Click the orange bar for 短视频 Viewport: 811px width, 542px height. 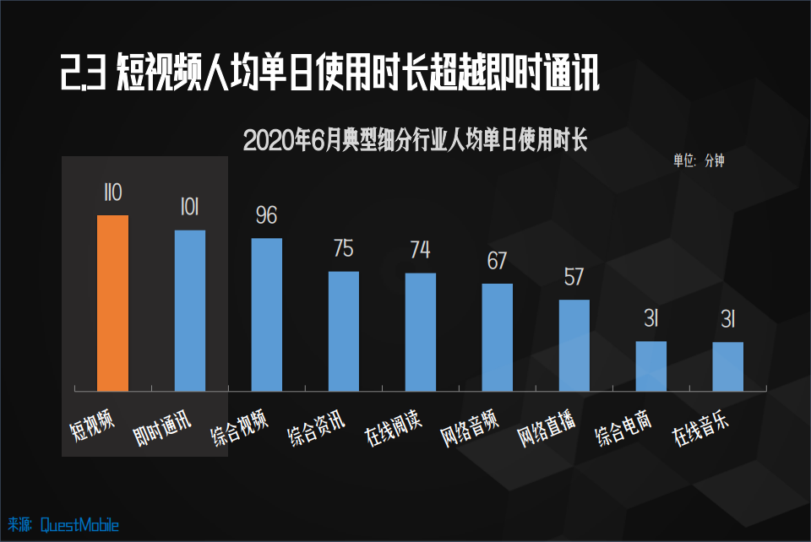pos(113,302)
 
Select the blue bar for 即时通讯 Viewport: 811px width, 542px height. pos(190,310)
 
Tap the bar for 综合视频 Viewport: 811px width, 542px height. pos(267,314)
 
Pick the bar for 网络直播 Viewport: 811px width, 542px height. pos(574,344)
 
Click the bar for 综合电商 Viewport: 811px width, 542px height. pos(651,366)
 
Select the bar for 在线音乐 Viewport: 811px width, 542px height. pos(728,366)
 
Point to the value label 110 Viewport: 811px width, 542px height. pos(112,193)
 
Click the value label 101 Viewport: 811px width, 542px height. pos(189,209)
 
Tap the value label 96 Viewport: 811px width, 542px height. pos(266,216)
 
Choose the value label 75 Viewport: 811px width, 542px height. pos(343,249)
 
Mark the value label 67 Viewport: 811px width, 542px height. pos(497,261)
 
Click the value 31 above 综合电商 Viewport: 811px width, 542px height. pos(651,319)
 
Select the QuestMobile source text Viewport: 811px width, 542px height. pos(79,525)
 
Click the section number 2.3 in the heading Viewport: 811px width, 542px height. pos(82,74)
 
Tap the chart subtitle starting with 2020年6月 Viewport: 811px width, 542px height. pos(414,140)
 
